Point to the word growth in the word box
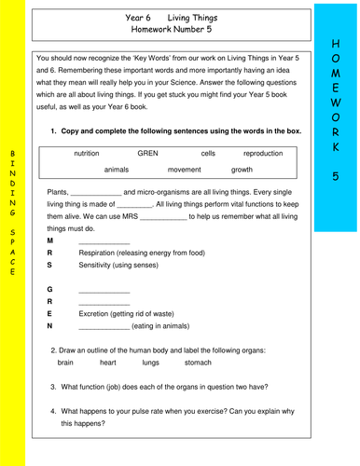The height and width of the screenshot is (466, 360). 242,171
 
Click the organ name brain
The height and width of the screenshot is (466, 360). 65,362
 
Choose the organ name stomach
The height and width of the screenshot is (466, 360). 198,362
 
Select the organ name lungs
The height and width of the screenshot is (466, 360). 150,362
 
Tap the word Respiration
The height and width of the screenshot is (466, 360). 101,253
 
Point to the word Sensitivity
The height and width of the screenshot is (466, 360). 100,265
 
